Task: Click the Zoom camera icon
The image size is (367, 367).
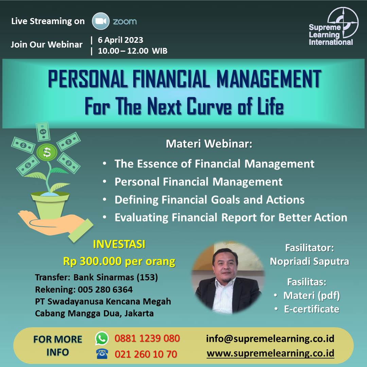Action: point(101,21)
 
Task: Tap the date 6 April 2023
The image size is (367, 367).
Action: point(120,40)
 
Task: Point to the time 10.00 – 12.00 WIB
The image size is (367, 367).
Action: point(133,51)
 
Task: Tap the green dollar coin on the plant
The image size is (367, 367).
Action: point(47,152)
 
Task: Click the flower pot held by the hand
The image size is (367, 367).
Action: point(50,205)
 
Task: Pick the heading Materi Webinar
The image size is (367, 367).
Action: point(209,144)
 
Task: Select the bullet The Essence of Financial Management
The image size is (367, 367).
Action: point(214,163)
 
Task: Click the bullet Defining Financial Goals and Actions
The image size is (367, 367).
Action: point(209,200)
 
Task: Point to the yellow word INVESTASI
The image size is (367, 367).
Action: point(119,244)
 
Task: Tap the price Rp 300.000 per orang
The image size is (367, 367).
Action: point(119,261)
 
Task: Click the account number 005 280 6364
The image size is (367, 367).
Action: point(105,290)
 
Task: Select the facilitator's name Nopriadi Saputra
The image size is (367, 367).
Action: point(310,261)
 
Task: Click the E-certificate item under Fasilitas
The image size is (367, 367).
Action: point(312,309)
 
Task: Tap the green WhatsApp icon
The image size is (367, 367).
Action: point(102,338)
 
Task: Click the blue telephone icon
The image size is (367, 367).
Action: point(102,354)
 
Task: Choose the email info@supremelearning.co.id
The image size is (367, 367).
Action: point(270,339)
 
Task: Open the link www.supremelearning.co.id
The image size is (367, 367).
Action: point(270,353)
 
